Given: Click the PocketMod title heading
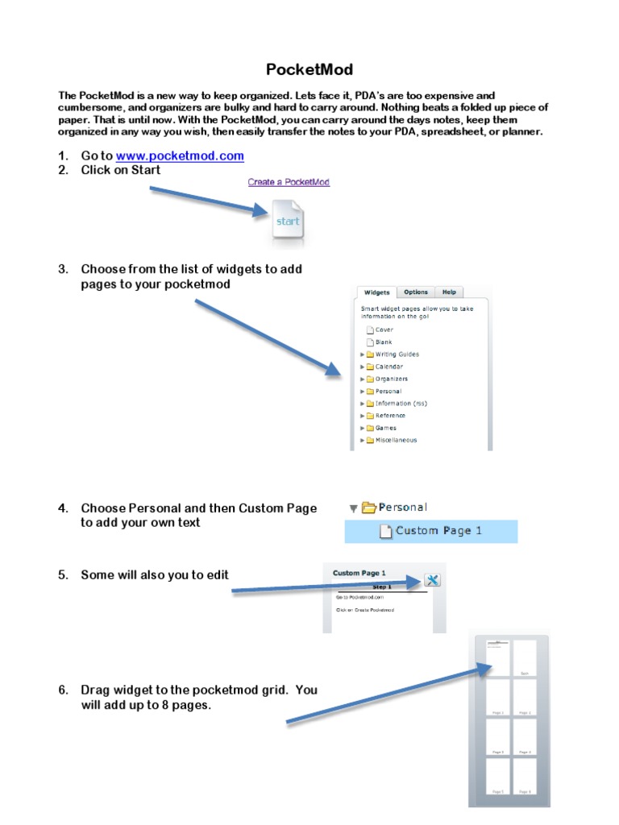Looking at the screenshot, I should (309, 70).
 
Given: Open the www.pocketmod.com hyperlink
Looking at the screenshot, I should (180, 155).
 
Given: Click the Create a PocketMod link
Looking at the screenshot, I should (289, 182).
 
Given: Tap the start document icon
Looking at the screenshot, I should (288, 222).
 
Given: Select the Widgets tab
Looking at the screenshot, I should (376, 292).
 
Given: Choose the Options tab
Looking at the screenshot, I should (416, 292).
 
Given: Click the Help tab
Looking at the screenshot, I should (449, 292).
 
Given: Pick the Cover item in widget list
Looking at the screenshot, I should (384, 330).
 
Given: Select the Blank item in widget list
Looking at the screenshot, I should (384, 342).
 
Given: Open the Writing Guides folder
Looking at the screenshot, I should (397, 354).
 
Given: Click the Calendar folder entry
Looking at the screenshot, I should (388, 367).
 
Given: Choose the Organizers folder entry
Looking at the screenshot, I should (391, 379).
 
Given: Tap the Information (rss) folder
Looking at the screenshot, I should (401, 404).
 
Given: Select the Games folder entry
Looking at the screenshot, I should (385, 428).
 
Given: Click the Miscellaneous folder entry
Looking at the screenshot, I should (396, 441).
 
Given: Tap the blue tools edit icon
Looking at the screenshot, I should (432, 580).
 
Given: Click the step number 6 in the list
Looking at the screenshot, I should (62, 690).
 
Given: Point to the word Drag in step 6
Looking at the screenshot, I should (95, 690).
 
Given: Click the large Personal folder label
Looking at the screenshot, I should (402, 508).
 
